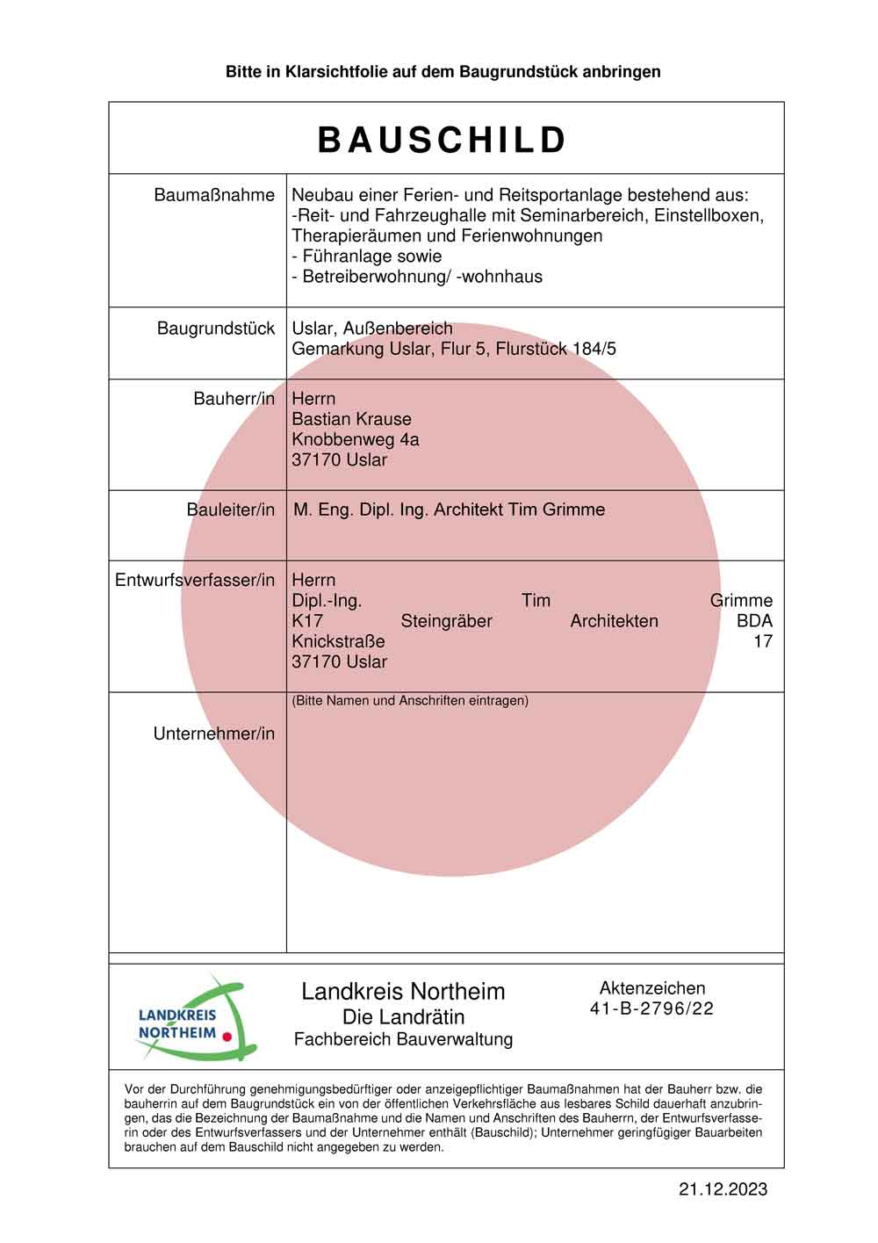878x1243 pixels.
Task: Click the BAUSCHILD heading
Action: [443, 141]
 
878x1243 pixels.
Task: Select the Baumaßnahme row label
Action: [214, 195]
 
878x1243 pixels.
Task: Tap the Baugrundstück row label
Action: [216, 329]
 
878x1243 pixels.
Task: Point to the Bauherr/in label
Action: [234, 399]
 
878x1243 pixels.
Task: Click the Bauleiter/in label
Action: [230, 509]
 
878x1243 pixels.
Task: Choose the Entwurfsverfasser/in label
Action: [195, 580]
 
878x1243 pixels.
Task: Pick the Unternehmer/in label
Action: [214, 734]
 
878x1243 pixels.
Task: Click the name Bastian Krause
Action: [351, 419]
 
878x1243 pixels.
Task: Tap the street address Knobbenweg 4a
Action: [355, 439]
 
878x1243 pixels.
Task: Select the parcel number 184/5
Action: [594, 349]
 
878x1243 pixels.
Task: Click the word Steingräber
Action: [446, 621]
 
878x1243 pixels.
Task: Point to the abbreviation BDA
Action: [754, 621]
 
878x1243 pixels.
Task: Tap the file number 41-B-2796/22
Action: [651, 1008]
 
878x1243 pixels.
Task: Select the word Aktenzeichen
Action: [651, 988]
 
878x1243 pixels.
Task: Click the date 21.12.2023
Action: [723, 1189]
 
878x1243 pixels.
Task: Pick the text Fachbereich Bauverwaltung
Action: [403, 1039]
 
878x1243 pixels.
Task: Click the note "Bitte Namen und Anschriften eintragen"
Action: [410, 701]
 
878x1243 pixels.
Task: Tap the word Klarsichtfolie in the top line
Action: [324, 72]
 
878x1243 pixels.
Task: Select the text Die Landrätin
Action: [403, 1017]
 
